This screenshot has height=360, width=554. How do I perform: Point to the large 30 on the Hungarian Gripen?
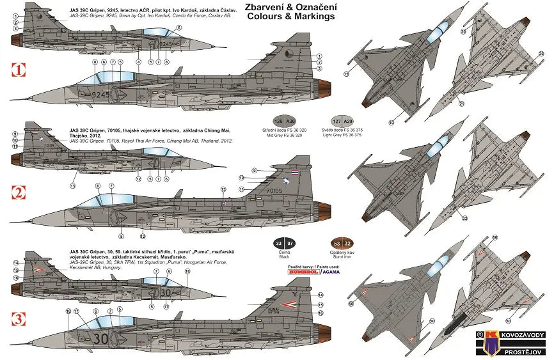point(101,338)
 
